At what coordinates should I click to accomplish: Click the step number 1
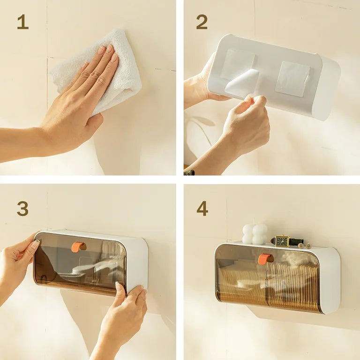[22, 22]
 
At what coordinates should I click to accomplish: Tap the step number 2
[202, 22]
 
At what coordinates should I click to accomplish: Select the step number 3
[22, 208]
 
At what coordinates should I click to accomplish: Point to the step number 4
[202, 208]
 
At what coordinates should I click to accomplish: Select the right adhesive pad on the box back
[292, 78]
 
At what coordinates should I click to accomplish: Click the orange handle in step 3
[77, 247]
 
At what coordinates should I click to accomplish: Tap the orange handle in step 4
[264, 259]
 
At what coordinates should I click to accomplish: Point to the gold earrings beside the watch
[304, 246]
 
